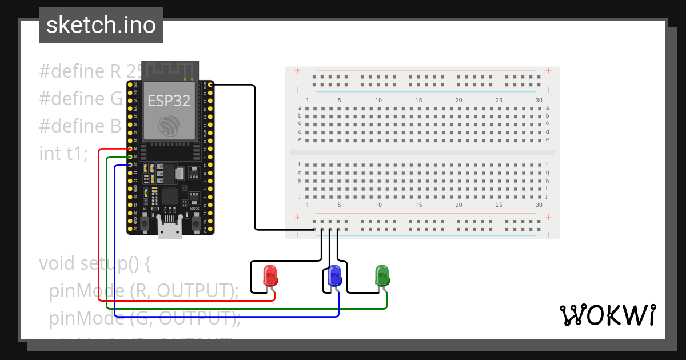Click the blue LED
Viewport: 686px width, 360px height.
point(334,275)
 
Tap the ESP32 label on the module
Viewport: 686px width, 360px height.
point(169,101)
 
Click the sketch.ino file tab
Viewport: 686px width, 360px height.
point(101,25)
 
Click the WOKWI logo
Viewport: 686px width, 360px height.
point(607,315)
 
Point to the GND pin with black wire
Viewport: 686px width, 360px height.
point(210,85)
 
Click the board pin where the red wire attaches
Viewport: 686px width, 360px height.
point(130,149)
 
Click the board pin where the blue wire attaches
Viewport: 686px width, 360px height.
point(130,165)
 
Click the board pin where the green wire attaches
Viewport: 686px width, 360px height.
point(130,157)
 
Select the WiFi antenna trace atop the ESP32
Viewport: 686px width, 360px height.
point(170,70)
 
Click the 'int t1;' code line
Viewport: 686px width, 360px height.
point(63,154)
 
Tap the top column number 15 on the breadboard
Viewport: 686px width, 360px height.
point(418,101)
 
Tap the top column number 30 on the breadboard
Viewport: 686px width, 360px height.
point(539,101)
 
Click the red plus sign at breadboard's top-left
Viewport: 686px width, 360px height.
point(297,71)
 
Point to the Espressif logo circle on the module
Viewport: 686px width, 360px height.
point(169,125)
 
